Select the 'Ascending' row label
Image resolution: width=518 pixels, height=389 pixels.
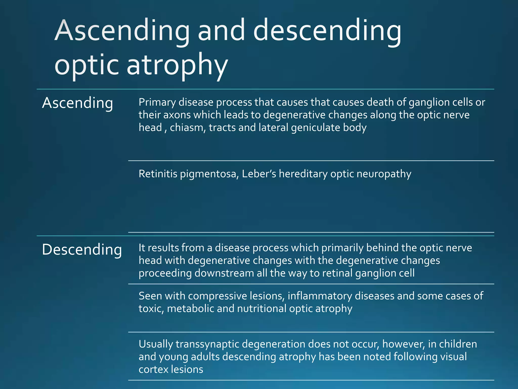[77, 103]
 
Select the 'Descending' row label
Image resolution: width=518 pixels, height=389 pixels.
[82, 250]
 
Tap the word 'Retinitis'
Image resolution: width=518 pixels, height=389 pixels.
[158, 174]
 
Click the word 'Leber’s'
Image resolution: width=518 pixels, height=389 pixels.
[259, 174]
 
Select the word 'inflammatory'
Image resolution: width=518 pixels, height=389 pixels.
[320, 296]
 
